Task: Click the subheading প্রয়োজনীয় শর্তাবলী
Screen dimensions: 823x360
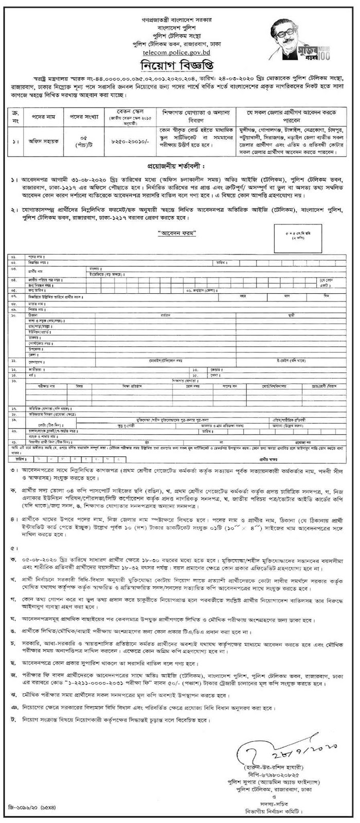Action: pyautogui.click(x=179, y=169)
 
